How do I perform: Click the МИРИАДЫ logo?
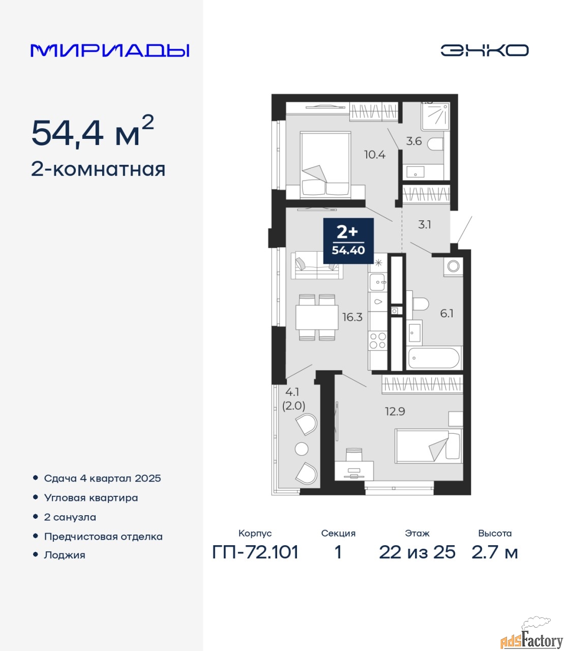(110, 50)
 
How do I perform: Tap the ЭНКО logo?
(484, 50)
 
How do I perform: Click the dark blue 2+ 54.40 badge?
(348, 241)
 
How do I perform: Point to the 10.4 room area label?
(375, 155)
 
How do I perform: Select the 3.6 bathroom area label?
(414, 141)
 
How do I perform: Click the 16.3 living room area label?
(353, 317)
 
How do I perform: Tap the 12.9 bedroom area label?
(395, 411)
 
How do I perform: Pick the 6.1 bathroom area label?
(447, 313)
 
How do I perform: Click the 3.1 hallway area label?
(425, 225)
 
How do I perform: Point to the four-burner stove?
(378, 340)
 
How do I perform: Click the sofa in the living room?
(317, 265)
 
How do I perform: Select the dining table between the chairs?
(317, 317)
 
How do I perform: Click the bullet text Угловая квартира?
(91, 497)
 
